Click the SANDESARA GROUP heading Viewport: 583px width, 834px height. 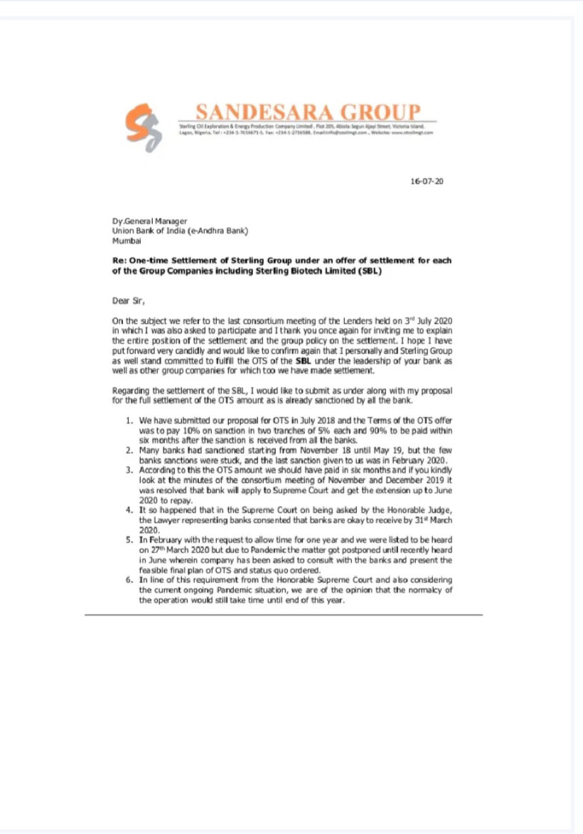[306, 112]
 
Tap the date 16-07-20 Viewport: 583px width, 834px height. [427, 182]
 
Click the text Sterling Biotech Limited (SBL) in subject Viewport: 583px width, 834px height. [319, 270]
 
